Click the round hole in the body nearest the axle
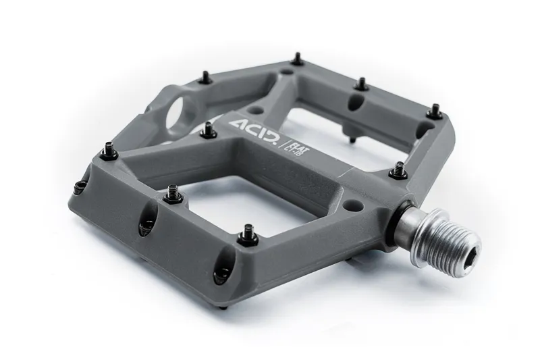click(352, 202)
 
